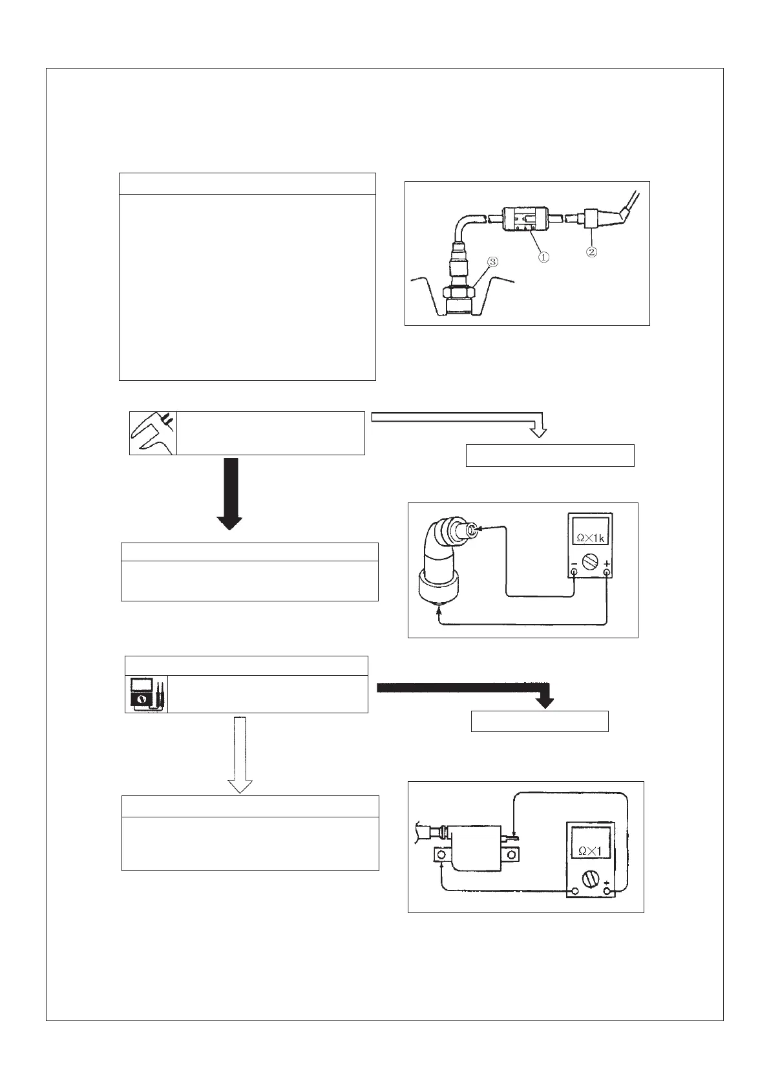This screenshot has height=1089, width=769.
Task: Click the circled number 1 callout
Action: point(544,257)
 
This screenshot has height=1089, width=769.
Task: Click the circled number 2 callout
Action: point(591,252)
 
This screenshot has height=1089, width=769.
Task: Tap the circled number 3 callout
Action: point(493,262)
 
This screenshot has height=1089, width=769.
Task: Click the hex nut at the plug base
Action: point(459,295)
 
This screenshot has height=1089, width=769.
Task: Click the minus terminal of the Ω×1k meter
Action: point(573,572)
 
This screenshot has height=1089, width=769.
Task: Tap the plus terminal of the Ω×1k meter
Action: point(606,572)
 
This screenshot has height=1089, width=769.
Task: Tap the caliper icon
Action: point(153,433)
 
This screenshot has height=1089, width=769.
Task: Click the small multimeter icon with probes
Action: point(146,695)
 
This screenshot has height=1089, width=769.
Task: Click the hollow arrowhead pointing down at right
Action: point(539,431)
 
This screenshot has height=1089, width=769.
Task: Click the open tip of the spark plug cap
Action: point(473,530)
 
